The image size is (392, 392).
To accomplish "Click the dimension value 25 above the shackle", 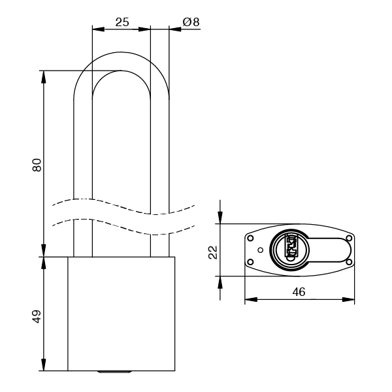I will [x=122, y=22].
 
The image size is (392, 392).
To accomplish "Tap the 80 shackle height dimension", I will [x=37, y=165].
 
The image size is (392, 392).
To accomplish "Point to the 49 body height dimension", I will [x=37, y=317].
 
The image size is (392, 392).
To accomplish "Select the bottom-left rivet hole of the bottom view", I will [x=250, y=263].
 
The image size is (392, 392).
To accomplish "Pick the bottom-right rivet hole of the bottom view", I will [x=349, y=263].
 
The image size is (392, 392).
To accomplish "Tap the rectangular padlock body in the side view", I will [x=122, y=314].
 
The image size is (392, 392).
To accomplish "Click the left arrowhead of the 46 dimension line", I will [x=248, y=301].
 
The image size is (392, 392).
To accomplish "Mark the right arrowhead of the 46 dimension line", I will [x=351, y=301].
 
